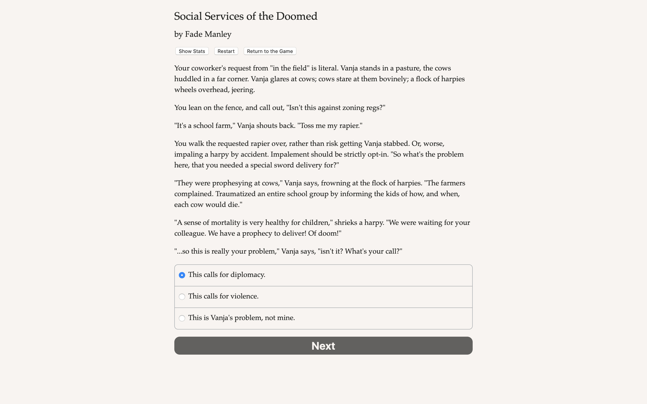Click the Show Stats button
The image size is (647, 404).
(x=192, y=51)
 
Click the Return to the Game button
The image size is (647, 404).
(x=270, y=51)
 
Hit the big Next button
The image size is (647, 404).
(x=323, y=345)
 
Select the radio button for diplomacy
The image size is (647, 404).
(x=182, y=275)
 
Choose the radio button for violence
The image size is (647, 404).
(x=182, y=296)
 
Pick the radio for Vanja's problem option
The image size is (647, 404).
(x=182, y=318)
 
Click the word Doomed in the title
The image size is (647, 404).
(x=297, y=16)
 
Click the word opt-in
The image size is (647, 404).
(x=376, y=154)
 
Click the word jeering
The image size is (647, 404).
(x=243, y=90)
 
